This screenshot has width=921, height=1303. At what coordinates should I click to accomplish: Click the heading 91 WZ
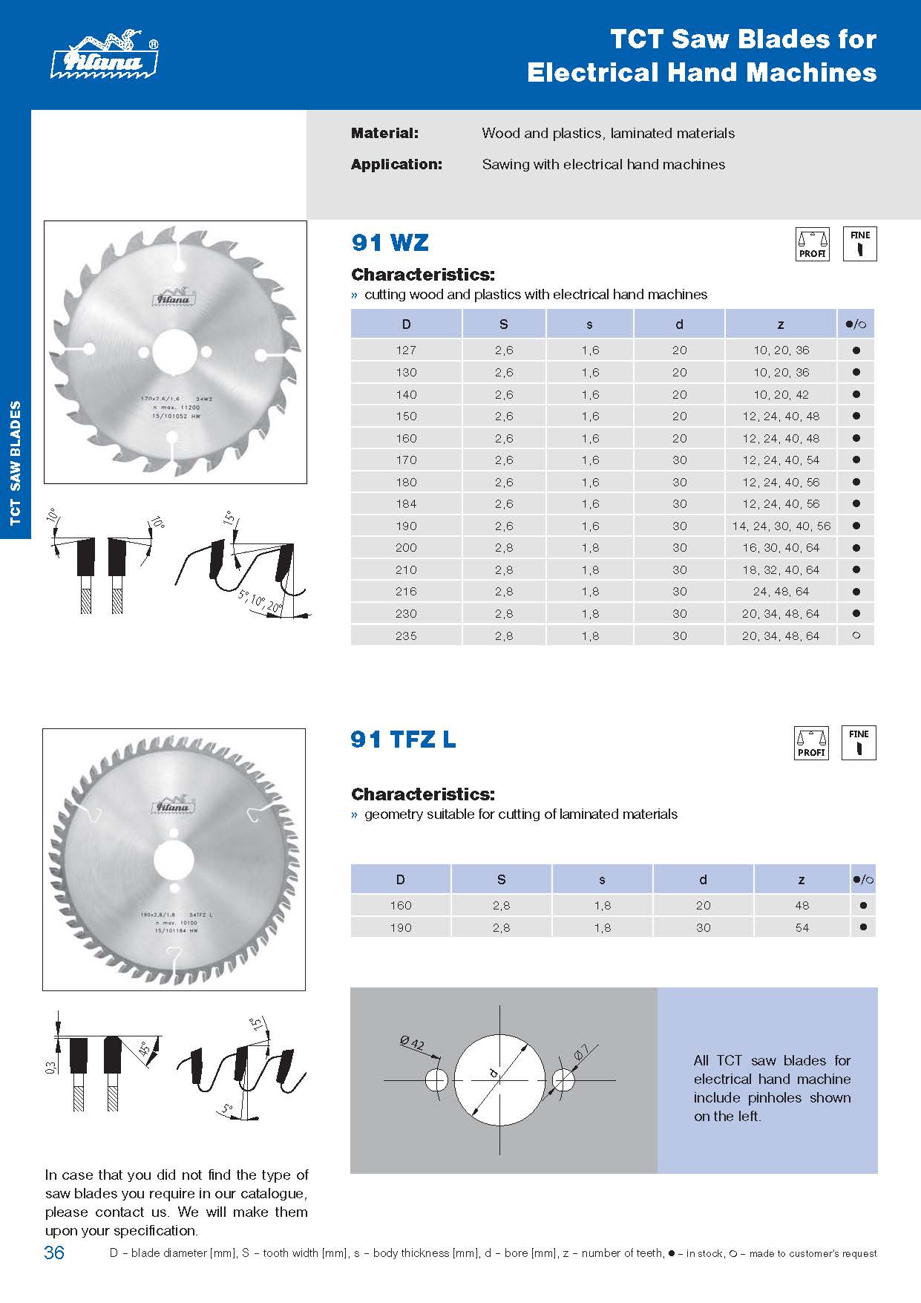pos(390,243)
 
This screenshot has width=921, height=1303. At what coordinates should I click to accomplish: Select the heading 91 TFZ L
pos(403,739)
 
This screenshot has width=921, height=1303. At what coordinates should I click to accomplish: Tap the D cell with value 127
pos(406,350)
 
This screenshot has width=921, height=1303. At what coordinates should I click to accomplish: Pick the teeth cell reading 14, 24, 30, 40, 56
pos(781,526)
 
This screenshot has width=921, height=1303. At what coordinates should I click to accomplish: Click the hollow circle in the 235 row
pos(856,636)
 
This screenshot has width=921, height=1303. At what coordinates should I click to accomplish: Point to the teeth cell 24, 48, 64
pos(781,592)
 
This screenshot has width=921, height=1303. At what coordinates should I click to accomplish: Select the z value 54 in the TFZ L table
pos(802,927)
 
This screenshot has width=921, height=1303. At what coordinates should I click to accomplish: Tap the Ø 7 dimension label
pos(580,1052)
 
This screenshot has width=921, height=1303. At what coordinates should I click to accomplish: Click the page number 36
pos(54,1253)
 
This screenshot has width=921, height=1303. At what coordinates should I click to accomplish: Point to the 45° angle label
pos(143,1050)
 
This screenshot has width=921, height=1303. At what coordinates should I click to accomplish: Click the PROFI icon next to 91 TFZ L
pos(811,743)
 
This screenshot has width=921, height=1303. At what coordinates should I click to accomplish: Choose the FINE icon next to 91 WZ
pos(859,244)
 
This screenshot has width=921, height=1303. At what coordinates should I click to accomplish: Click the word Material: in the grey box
pos(384,134)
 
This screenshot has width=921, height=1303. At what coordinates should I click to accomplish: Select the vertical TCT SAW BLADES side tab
pos(16,463)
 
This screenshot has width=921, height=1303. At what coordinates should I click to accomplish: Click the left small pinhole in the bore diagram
pos(436,1080)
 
